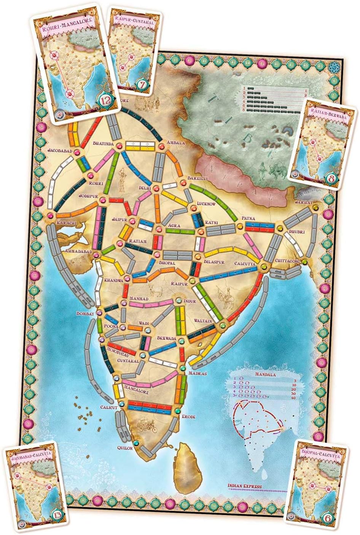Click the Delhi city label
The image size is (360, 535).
pos(145,188)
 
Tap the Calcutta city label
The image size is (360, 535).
pos(245,263)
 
